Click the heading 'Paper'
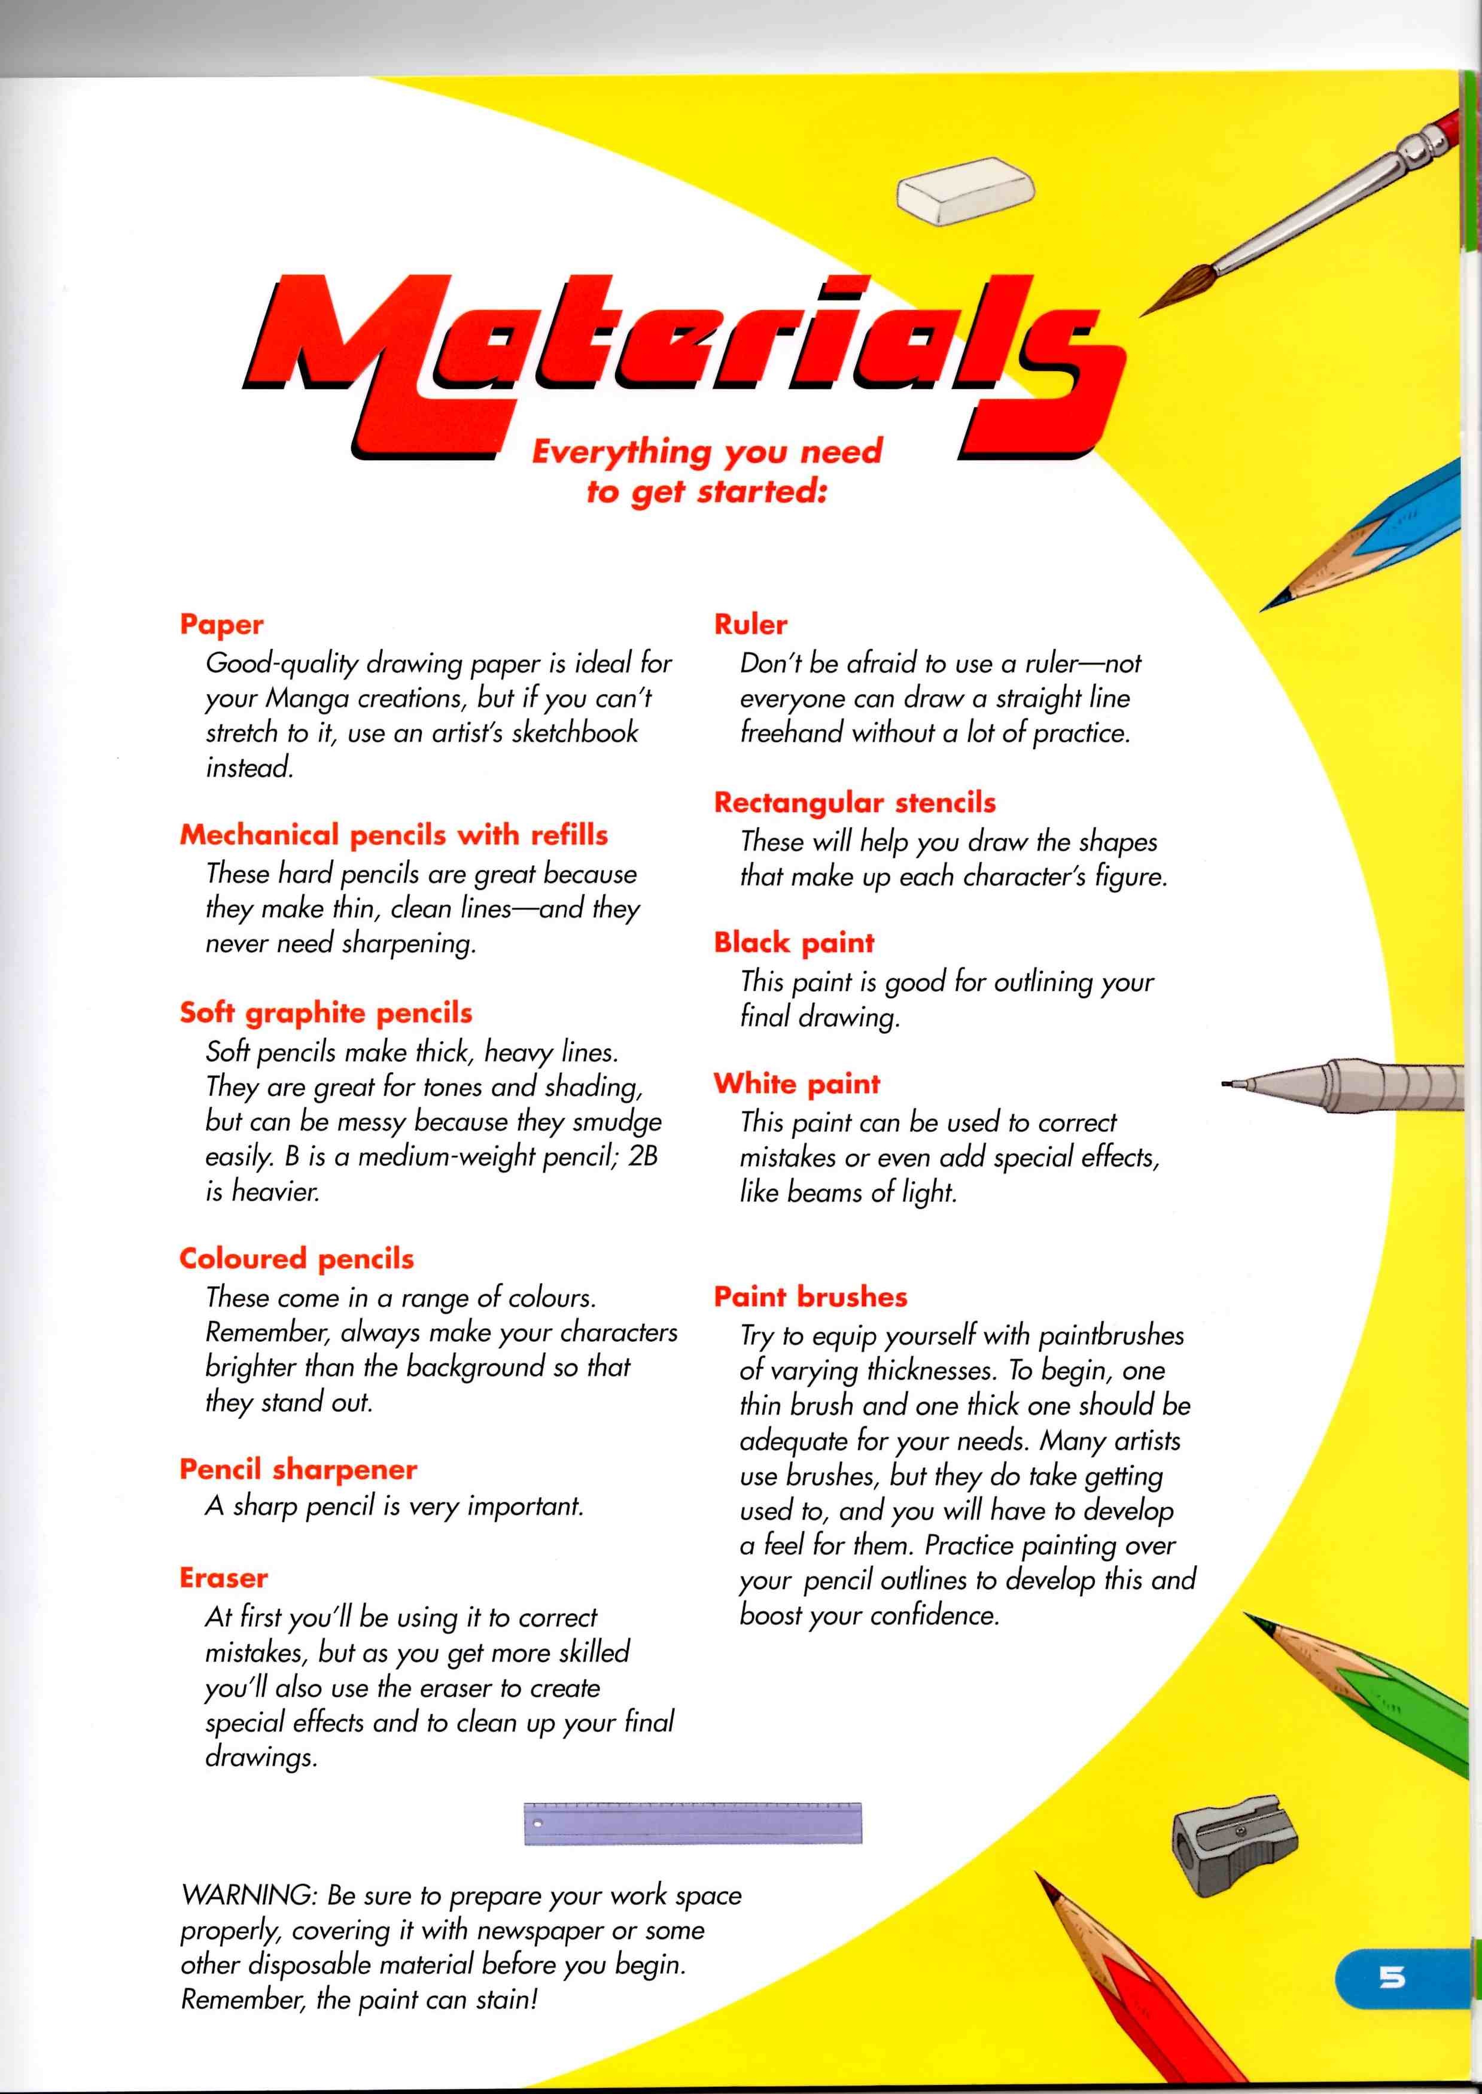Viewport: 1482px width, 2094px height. [x=222, y=625]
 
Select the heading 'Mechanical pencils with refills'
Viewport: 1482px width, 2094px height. [x=393, y=835]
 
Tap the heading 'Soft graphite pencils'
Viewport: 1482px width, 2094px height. [x=326, y=1013]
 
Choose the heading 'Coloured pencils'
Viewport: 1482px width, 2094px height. [x=297, y=1259]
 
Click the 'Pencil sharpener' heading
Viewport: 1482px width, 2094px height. [x=299, y=1469]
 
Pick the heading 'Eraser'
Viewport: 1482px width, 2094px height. [x=224, y=1578]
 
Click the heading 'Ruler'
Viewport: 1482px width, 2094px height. [x=750, y=625]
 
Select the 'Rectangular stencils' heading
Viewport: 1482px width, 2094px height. [x=854, y=803]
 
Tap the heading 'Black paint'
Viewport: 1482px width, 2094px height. [x=794, y=942]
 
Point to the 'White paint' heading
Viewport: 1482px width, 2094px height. [x=797, y=1084]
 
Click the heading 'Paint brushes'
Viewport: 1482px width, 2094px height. [x=810, y=1296]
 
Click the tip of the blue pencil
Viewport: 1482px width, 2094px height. [x=1267, y=607]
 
